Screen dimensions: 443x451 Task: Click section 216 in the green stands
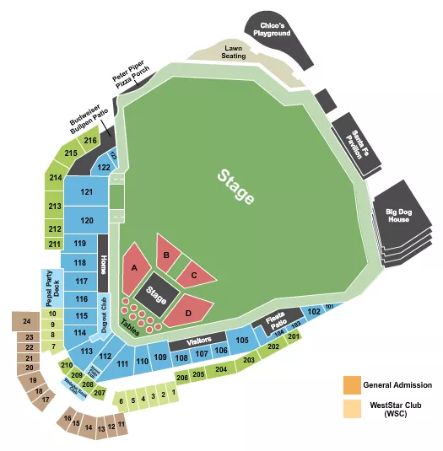[90, 140]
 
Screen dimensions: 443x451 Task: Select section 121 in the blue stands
[87, 192]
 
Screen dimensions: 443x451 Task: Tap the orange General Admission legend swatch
[349, 385]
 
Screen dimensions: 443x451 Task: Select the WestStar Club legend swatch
[349, 408]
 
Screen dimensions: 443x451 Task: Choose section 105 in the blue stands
[242, 340]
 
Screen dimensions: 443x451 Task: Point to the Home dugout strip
[104, 268]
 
